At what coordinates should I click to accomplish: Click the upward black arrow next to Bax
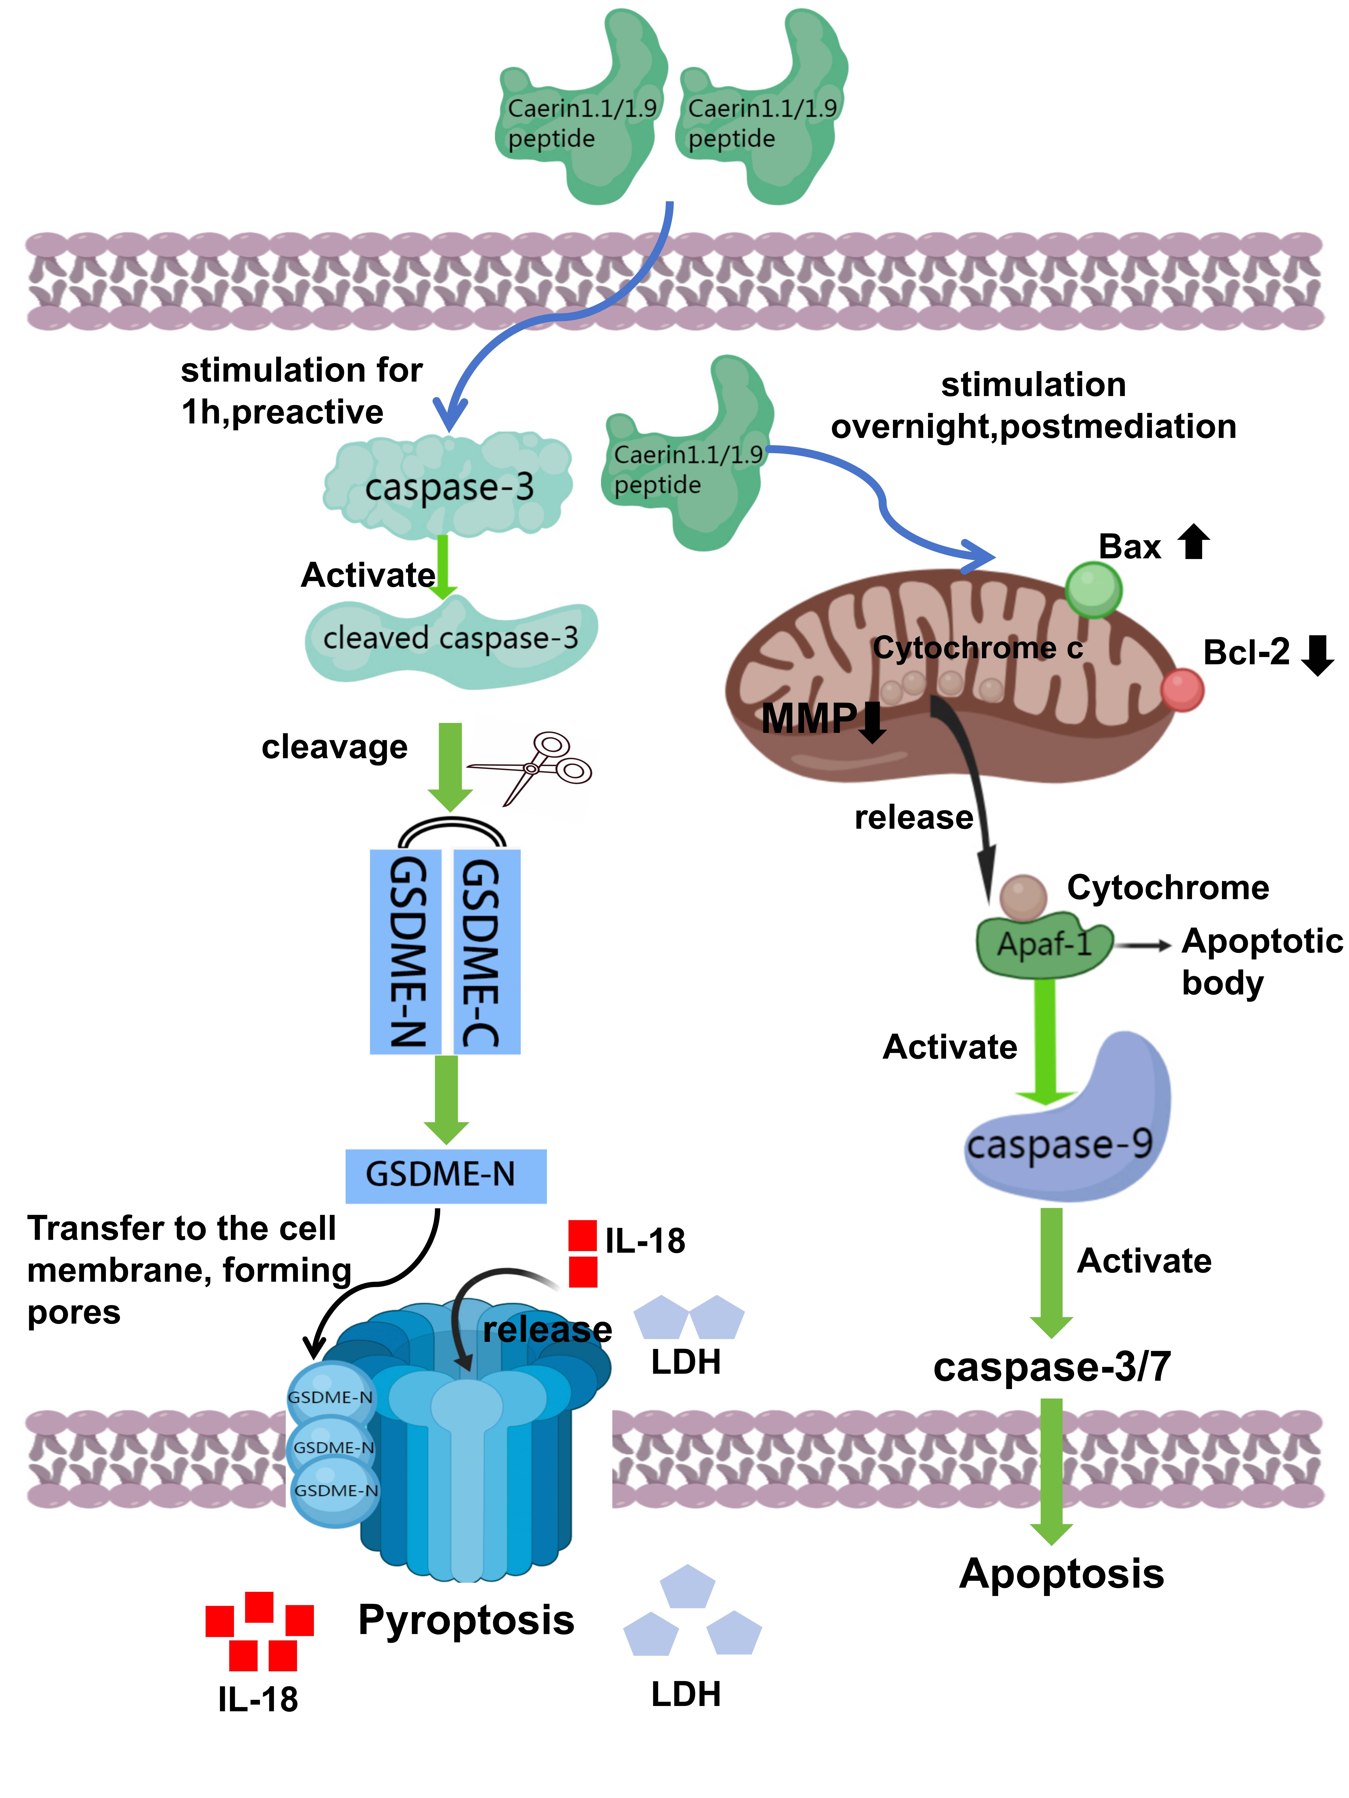pos(1194,541)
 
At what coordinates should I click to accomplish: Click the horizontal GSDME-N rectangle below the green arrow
pos(446,1175)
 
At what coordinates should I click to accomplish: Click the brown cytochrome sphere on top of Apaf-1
pos(1023,897)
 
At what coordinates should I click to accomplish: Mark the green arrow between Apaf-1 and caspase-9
pos(1046,1042)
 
